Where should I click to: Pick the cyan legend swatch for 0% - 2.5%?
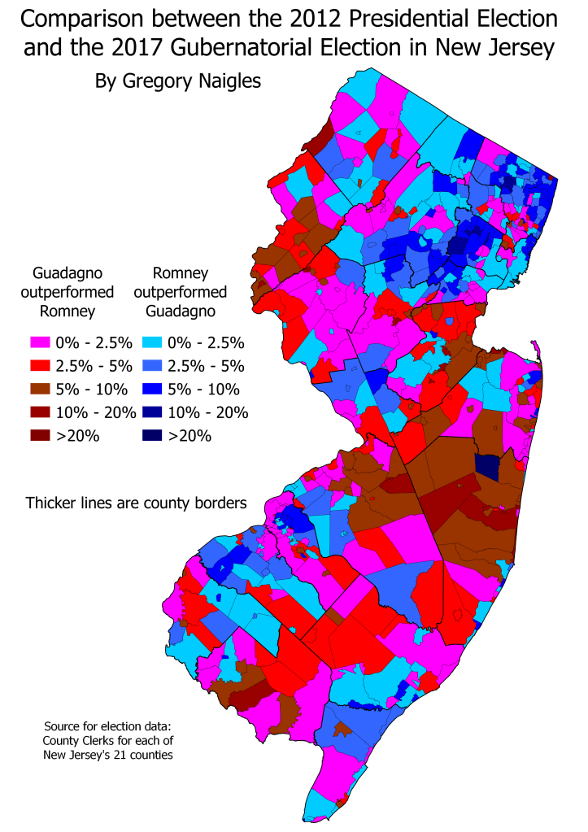[152, 342]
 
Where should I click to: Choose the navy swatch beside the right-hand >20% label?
[152, 435]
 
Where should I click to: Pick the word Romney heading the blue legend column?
[180, 272]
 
